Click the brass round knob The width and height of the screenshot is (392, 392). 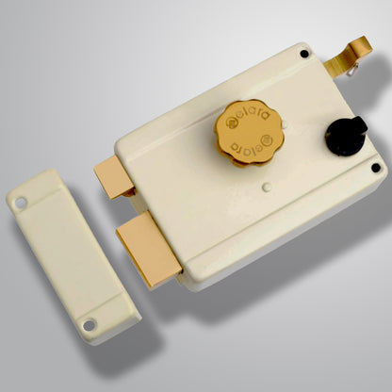250,132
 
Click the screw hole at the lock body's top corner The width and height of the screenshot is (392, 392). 303,54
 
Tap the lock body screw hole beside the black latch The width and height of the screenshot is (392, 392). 375,168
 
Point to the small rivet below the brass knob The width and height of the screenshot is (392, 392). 266,188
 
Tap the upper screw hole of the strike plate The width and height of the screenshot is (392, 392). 21,201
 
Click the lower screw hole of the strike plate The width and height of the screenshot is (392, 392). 90,325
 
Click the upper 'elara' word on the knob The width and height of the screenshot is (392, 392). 248,118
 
